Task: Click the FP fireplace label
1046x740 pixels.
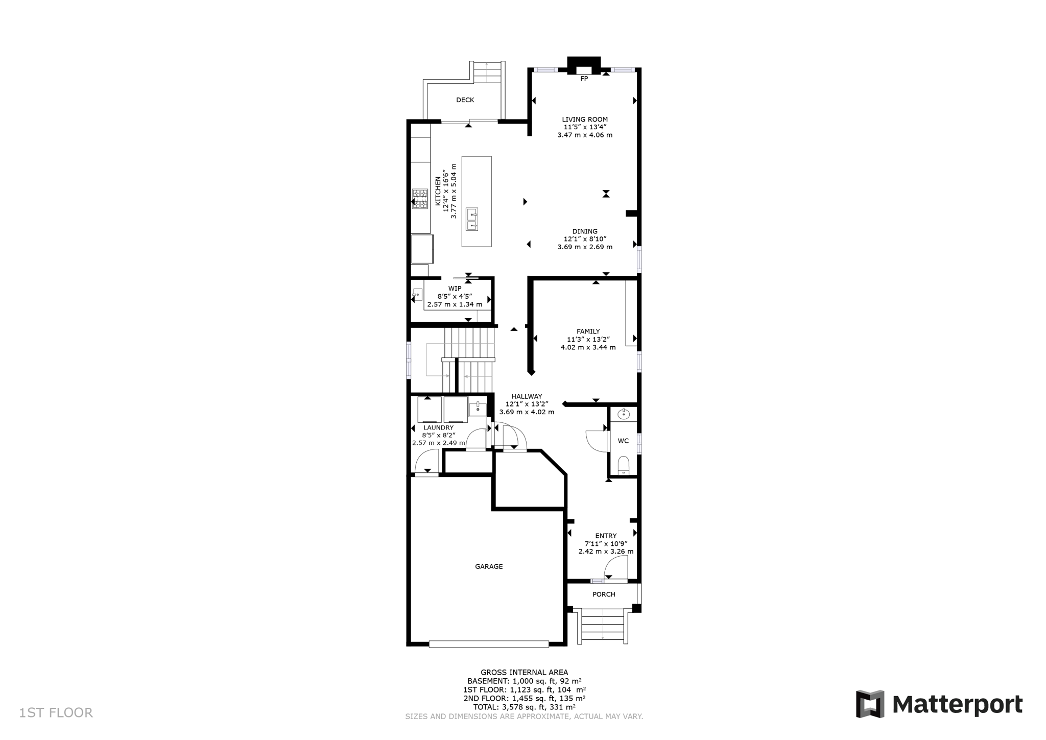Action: pos(584,79)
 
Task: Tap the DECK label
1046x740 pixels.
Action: pos(465,100)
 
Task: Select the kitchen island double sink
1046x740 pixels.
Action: pos(472,220)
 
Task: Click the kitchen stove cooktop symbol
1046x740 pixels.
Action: pos(420,199)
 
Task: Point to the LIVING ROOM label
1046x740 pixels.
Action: pos(585,120)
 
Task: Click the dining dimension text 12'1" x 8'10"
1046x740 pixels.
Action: pos(585,239)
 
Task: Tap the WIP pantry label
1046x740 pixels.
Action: pos(455,289)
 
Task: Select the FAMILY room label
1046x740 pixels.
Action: pos(588,331)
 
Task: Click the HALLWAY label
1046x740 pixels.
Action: pos(527,396)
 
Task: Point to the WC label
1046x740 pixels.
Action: pos(623,441)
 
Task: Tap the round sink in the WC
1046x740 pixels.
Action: pos(623,414)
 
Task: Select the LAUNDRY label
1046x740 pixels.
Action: pos(438,428)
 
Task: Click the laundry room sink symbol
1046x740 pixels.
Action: pos(478,409)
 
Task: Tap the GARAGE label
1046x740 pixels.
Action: pos(489,566)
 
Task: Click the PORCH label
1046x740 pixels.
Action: pos(604,594)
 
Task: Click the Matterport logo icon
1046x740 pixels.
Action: pos(870,704)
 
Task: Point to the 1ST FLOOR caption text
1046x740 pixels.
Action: pos(56,713)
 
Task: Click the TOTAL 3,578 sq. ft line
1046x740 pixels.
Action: pos(524,707)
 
